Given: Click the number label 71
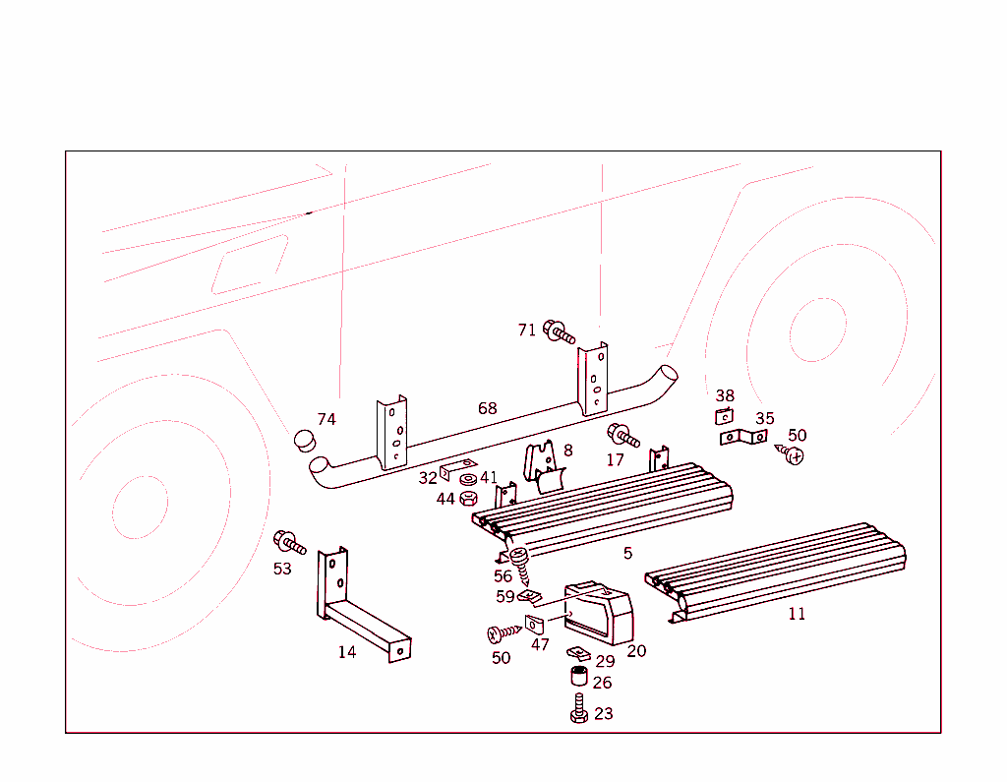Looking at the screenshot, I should pyautogui.click(x=527, y=330).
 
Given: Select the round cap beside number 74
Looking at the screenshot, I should pyautogui.click(x=305, y=440).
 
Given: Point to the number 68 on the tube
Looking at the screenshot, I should pyautogui.click(x=487, y=408).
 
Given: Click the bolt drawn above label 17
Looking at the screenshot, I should pyautogui.click(x=623, y=435).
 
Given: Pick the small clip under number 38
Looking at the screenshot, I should pyautogui.click(x=724, y=416).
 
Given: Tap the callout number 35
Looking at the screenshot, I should pyautogui.click(x=764, y=419).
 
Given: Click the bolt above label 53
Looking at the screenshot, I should pyautogui.click(x=289, y=541).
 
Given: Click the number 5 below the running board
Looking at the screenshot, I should pyautogui.click(x=627, y=554).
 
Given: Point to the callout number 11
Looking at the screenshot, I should pyautogui.click(x=797, y=614).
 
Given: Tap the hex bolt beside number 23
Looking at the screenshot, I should pyautogui.click(x=579, y=709).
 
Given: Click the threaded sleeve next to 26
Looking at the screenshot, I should pyautogui.click(x=578, y=678).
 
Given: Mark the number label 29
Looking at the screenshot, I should pyautogui.click(x=605, y=661).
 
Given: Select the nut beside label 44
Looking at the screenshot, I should pyautogui.click(x=469, y=498).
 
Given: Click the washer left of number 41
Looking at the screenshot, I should pyautogui.click(x=468, y=480).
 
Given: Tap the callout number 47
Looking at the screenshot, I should pyautogui.click(x=540, y=645).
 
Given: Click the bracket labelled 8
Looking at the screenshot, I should pyautogui.click(x=543, y=466).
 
